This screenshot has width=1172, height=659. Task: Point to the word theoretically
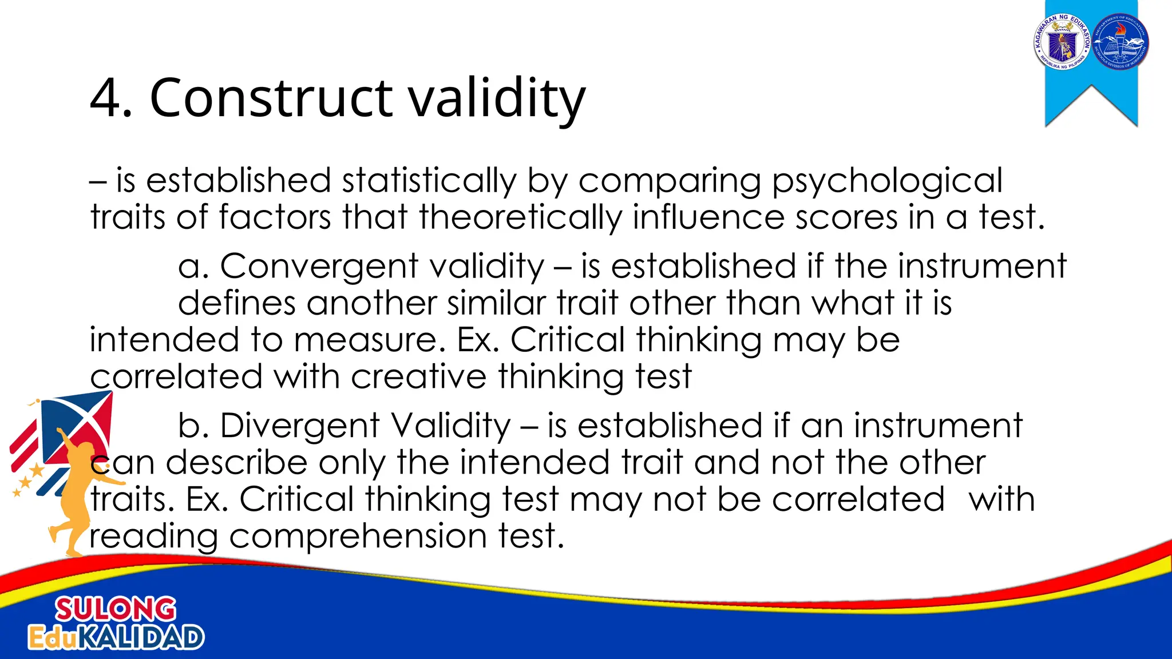520,219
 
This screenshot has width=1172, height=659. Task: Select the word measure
369,340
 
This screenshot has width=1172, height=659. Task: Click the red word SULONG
116,609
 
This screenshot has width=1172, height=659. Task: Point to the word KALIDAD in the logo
140,637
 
